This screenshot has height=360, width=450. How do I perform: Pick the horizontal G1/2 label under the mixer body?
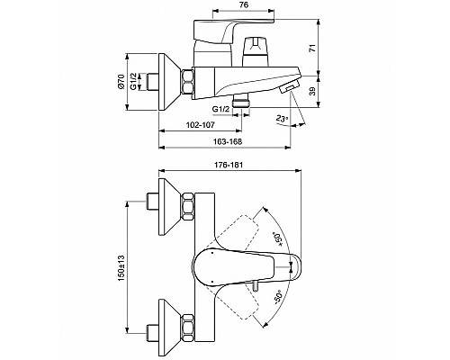tap(220, 110)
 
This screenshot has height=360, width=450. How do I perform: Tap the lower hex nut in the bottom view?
tap(190, 327)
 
